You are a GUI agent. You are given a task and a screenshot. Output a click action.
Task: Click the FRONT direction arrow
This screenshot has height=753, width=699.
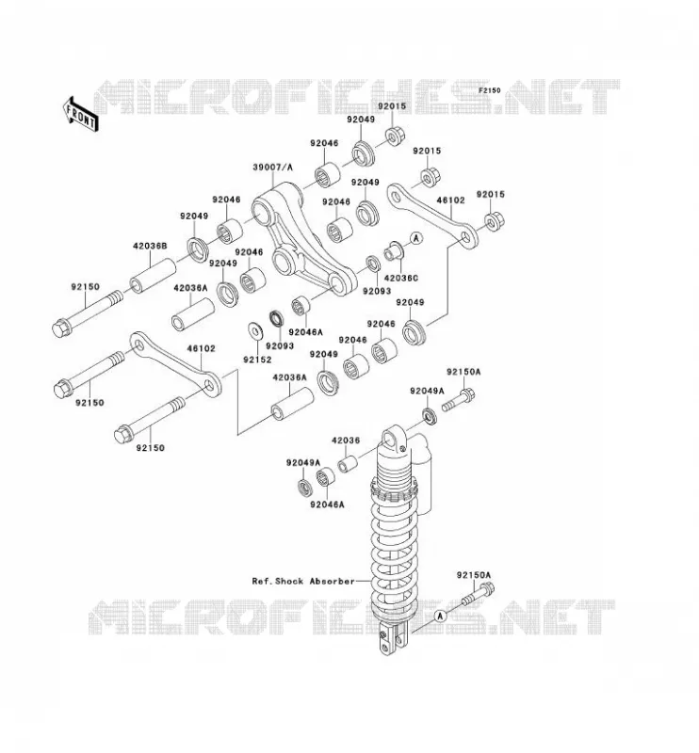pyautogui.click(x=80, y=114)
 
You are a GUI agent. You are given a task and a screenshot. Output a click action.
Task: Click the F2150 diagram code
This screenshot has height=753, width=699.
pyautogui.click(x=490, y=89)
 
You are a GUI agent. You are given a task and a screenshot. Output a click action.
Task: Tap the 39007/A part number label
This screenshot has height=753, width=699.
pyautogui.click(x=272, y=168)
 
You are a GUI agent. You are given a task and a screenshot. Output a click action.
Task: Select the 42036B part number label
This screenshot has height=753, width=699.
pyautogui.click(x=150, y=246)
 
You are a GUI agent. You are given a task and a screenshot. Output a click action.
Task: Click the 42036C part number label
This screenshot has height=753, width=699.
pyautogui.click(x=401, y=278)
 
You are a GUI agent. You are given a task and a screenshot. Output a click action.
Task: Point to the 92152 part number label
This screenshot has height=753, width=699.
pyautogui.click(x=257, y=360)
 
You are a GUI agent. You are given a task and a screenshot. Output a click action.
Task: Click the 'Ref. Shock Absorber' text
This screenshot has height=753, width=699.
pyautogui.click(x=303, y=581)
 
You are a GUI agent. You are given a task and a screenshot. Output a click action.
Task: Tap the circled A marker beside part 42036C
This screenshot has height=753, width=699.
pyautogui.click(x=416, y=237)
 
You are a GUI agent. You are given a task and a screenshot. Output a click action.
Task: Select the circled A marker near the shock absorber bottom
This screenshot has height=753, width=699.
pyautogui.click(x=439, y=617)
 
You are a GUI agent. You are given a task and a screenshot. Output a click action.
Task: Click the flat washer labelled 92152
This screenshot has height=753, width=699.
pyautogui.click(x=254, y=330)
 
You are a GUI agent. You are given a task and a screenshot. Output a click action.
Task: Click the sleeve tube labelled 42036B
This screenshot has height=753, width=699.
pyautogui.click(x=153, y=275)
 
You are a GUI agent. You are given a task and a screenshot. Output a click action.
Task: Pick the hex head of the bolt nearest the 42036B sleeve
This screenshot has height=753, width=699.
pyautogui.click(x=61, y=328)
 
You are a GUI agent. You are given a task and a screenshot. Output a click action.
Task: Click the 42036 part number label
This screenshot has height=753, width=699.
pyautogui.click(x=345, y=440)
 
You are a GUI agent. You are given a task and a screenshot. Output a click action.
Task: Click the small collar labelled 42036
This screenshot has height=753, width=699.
pyautogui.click(x=348, y=464)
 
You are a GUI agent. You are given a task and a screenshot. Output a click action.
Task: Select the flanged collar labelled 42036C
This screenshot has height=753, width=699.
pyautogui.click(x=394, y=251)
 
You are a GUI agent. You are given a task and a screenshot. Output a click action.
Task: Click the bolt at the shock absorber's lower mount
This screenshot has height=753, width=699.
pyautogui.click(x=479, y=594)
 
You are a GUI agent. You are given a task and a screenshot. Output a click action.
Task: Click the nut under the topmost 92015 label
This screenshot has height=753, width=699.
pyautogui.click(x=394, y=136)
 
